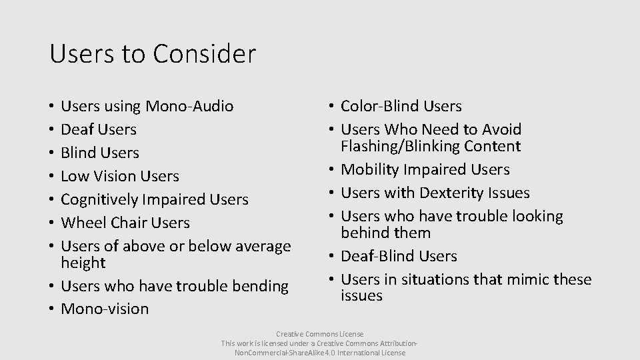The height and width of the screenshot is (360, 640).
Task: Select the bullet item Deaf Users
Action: [98, 129]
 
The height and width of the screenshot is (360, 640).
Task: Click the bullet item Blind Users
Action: [99, 153]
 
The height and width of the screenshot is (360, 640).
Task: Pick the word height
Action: [83, 263]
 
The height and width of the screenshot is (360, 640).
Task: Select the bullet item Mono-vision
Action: [105, 309]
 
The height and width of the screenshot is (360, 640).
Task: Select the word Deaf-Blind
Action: [375, 256]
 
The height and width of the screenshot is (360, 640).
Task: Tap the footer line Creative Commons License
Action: [320, 333]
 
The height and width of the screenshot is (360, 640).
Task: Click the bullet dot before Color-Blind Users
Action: [332, 107]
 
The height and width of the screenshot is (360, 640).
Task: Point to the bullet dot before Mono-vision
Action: [52, 309]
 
